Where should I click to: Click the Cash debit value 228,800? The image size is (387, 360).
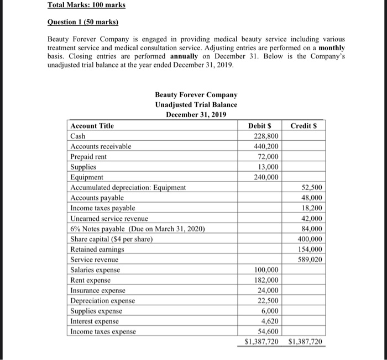point(266,136)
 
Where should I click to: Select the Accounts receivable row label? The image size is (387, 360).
point(101,146)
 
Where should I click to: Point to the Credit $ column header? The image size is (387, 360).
point(304,126)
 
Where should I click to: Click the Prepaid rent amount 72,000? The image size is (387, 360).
point(268,157)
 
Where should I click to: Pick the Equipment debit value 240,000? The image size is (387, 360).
point(266,177)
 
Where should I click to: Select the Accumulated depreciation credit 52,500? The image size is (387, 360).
point(312,188)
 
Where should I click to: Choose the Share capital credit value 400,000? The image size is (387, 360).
point(310,239)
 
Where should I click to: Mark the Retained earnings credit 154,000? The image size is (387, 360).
point(310,250)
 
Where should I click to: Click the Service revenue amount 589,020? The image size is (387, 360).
point(310,260)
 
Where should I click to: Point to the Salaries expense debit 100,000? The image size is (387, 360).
point(266,270)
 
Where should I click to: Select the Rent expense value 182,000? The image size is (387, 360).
point(266,280)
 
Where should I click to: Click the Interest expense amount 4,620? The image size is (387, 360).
point(270,321)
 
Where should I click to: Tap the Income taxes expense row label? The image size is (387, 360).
point(102,331)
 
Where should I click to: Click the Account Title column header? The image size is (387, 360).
point(92,126)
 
